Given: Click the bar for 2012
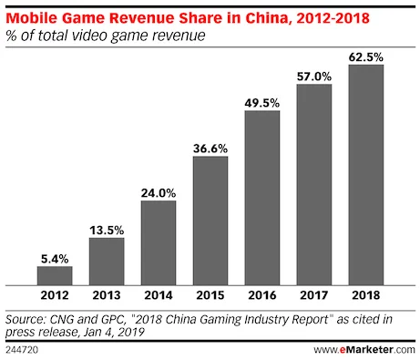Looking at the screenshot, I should (55, 276).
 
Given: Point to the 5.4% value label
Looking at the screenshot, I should (55, 257).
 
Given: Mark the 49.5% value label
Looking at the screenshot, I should (261, 103).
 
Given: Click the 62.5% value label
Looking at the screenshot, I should (364, 57).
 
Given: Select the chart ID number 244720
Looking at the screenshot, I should (24, 349).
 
